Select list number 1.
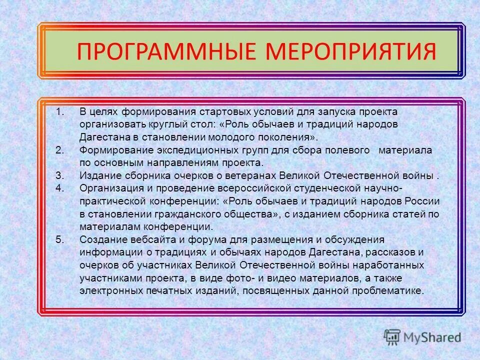click(x=60, y=110)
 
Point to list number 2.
click(x=60, y=149)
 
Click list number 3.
click(x=60, y=175)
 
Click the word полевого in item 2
click(x=347, y=149)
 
